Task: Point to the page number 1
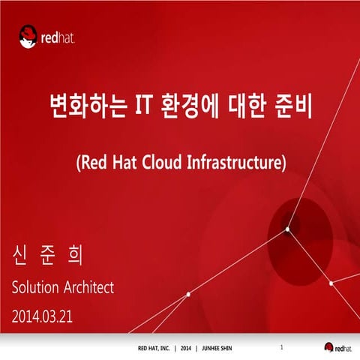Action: click(x=280, y=347)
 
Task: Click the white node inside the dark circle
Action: click(x=287, y=229)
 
